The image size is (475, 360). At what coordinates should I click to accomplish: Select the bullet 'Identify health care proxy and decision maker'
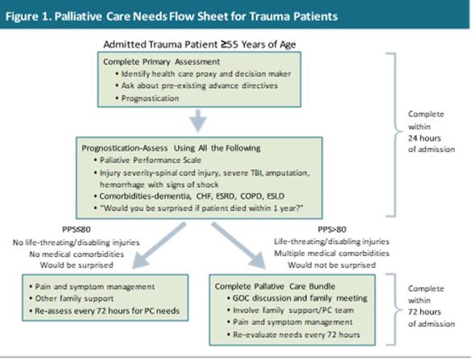(204, 74)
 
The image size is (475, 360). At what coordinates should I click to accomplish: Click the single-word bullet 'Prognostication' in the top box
(155, 98)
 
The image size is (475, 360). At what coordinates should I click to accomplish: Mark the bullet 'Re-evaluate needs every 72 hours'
(295, 333)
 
